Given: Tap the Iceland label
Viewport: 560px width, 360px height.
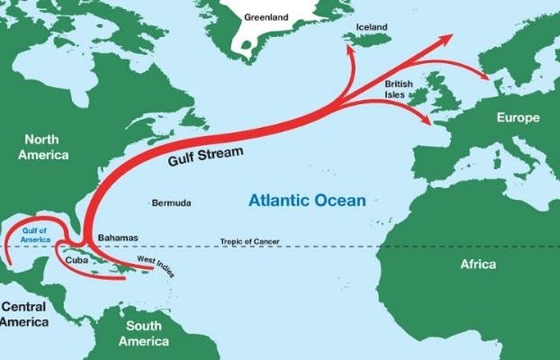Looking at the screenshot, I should click(372, 27).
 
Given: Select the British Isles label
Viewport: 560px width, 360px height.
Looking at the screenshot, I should click(399, 88).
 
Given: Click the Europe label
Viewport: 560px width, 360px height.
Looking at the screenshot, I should click(518, 118).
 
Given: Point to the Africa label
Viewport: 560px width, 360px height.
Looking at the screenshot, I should click(478, 264).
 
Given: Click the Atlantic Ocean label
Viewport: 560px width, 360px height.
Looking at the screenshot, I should click(306, 200).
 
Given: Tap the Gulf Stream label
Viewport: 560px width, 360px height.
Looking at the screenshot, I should click(206, 154).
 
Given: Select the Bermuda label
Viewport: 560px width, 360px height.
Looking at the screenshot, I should click(172, 203).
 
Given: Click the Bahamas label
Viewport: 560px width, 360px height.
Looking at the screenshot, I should click(118, 238).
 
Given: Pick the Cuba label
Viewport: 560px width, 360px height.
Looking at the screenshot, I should click(76, 259).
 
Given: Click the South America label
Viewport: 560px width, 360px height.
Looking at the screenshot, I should click(144, 334).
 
